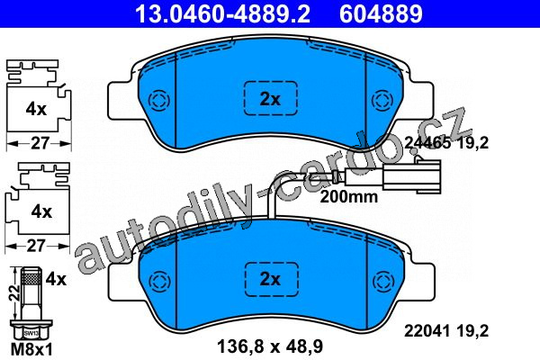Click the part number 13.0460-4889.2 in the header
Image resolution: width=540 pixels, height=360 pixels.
point(222,13)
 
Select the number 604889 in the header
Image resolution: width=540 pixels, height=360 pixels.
point(381,13)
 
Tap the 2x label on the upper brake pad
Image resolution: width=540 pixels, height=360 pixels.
point(270,100)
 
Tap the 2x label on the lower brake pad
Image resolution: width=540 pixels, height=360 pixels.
point(270,279)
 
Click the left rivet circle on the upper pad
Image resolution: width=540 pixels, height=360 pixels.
point(159,101)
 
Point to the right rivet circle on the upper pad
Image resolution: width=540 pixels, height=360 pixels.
point(382,101)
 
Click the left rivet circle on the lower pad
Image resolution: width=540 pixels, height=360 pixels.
point(159,280)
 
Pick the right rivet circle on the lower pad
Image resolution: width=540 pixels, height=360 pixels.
point(383,280)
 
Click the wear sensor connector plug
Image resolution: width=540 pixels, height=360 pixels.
point(411,175)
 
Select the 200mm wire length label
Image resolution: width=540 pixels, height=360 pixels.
point(349,197)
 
